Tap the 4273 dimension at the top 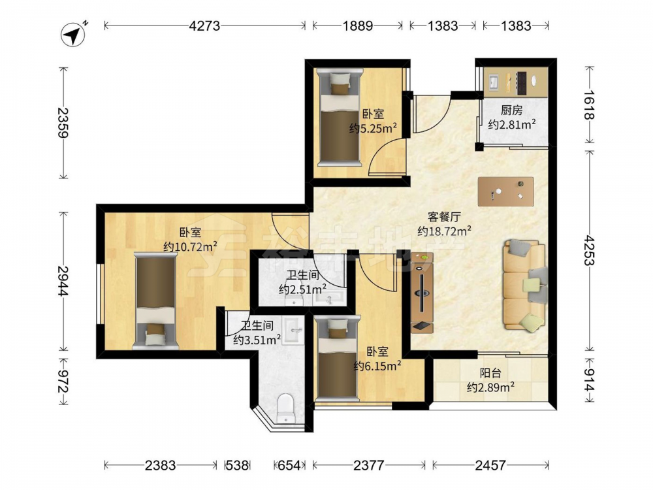coord(204,26)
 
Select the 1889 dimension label coord(357,26)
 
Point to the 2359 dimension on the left coord(63,123)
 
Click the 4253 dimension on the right coord(589,250)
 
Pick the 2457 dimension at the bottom coord(490,465)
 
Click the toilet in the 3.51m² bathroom coord(286,408)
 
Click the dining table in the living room coord(506,191)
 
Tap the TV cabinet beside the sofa coord(422,293)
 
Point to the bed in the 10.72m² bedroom coord(155,301)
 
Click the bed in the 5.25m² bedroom coord(338,118)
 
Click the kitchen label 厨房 coord(511,110)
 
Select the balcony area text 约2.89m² coord(490,387)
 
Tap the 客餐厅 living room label coord(444,217)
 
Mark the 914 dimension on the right coord(589,380)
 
